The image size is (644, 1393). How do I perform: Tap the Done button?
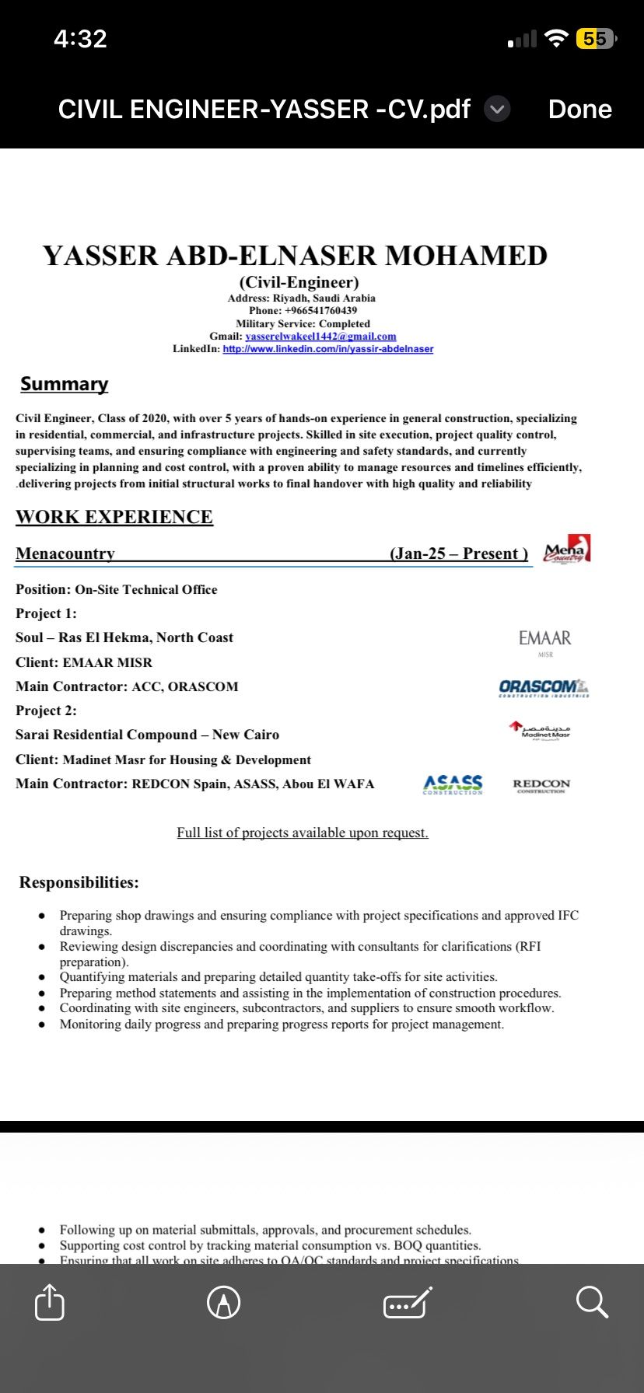(579, 109)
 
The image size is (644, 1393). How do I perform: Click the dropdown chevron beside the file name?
(497, 109)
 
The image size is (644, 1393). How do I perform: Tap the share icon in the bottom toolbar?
(50, 1302)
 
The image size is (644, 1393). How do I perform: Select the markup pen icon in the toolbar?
(224, 1302)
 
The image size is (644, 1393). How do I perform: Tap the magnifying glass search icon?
(592, 1302)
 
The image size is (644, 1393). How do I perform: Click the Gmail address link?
(320, 337)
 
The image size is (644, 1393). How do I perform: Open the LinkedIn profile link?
(327, 349)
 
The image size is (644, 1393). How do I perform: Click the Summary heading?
(65, 384)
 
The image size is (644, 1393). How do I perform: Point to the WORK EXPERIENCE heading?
(114, 517)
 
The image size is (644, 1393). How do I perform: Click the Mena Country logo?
(567, 550)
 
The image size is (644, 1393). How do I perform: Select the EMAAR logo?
(545, 641)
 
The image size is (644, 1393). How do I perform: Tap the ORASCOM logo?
(544, 687)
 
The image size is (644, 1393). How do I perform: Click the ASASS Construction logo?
(453, 784)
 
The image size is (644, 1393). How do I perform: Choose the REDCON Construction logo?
(541, 785)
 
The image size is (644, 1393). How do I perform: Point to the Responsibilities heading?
(79, 882)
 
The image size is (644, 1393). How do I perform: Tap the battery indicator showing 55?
(595, 39)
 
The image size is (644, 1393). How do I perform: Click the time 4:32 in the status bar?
(80, 39)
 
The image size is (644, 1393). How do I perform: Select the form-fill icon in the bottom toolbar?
(408, 1302)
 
